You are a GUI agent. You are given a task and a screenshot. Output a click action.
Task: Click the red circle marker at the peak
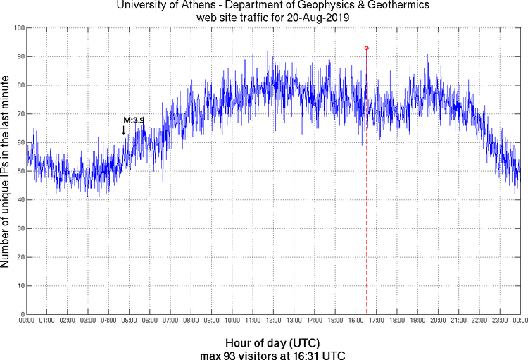(366, 48)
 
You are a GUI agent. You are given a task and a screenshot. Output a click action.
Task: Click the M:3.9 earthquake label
(134, 120)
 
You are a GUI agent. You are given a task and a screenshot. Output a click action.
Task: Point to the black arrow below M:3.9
(124, 130)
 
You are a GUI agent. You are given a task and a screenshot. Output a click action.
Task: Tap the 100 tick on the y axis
(20, 27)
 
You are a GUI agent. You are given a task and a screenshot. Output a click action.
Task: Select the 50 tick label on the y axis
(20, 171)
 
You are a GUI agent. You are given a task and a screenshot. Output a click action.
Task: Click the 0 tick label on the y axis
(22, 314)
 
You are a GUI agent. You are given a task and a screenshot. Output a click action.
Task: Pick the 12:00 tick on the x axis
(273, 321)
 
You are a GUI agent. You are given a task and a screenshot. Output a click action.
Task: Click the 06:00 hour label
(150, 321)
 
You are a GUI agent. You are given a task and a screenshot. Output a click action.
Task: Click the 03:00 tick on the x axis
(89, 321)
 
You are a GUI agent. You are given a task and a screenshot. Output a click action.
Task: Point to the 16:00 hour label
(356, 321)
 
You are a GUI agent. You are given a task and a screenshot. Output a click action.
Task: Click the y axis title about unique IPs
(6, 171)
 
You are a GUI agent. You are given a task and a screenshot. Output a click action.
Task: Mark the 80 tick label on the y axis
(20, 85)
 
